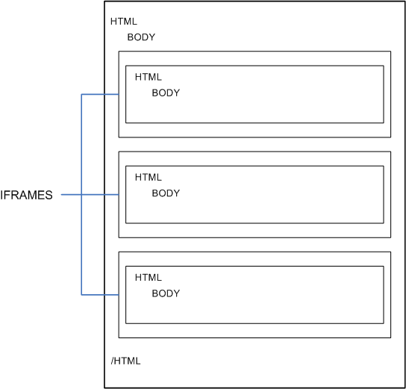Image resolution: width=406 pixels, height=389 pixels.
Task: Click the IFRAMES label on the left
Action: (x=26, y=196)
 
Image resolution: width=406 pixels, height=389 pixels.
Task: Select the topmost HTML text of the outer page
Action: (x=124, y=22)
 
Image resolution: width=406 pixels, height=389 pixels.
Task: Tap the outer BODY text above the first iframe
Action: (x=141, y=37)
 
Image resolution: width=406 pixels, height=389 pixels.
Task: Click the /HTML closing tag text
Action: (x=125, y=361)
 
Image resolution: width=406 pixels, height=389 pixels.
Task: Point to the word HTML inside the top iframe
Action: (x=149, y=77)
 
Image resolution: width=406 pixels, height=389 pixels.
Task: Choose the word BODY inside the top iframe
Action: (x=166, y=93)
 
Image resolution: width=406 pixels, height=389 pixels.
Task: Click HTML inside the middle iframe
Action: (x=149, y=177)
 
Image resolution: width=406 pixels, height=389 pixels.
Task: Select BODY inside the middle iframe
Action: (x=166, y=193)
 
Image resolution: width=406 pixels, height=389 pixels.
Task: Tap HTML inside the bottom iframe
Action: (x=149, y=277)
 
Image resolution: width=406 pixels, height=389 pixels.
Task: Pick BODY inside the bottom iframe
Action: (x=166, y=293)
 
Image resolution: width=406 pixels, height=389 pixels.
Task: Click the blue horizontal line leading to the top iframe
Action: (x=100, y=95)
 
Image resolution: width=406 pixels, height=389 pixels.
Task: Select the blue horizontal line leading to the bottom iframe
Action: (x=100, y=295)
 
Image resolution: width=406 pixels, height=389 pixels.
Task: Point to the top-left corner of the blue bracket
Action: (x=81, y=95)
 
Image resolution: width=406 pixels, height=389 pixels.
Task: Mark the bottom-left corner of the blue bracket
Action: (x=81, y=295)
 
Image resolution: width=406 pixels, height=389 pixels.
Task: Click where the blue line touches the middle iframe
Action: (x=119, y=195)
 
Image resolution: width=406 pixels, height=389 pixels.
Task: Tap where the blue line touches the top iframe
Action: (x=119, y=95)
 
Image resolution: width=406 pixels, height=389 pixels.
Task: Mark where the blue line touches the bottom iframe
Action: (x=119, y=295)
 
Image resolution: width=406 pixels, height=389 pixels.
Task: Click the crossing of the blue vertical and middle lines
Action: (x=81, y=195)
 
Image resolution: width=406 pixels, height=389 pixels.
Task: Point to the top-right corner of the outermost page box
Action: (x=405, y=1)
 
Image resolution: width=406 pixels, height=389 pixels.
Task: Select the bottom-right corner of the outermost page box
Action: (x=405, y=388)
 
